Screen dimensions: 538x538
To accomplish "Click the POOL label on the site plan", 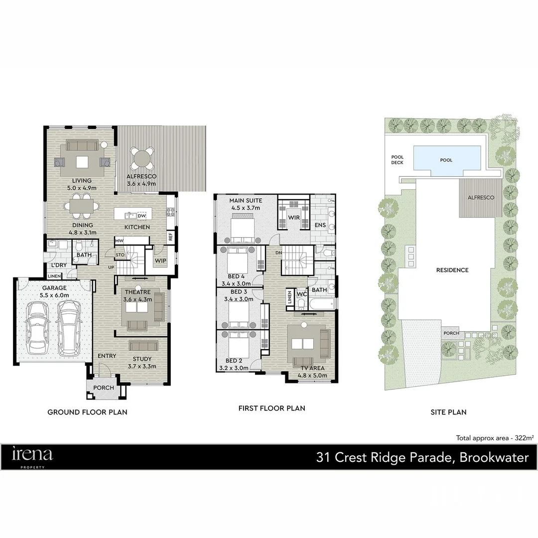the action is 446,160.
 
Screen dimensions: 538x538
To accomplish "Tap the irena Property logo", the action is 32,456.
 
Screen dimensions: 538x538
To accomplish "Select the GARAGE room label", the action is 54,288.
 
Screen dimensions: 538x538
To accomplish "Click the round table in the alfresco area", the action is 141,159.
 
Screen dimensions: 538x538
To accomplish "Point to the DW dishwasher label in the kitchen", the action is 141,216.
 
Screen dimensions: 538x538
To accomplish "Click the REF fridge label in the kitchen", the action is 170,237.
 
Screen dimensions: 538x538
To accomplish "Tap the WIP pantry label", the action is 160,261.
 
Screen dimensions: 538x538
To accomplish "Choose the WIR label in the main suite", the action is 294,218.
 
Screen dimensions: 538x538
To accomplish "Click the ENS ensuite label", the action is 320,225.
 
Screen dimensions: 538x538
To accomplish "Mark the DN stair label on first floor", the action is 278,253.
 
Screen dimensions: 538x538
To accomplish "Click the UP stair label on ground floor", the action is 111,268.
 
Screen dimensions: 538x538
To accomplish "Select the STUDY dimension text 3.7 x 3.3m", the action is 142,366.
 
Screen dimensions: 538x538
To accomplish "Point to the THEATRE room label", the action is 137,292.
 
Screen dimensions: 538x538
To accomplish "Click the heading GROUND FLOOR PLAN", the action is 87,412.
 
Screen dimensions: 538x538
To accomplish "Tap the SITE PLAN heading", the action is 448,412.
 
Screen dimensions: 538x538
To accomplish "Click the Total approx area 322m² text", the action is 495,438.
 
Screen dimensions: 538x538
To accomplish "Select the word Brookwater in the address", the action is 494,457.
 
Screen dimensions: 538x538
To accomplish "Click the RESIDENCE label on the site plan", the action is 452,270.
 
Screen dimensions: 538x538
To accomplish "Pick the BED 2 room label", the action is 234,361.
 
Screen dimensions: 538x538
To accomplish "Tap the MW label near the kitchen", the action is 119,241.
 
